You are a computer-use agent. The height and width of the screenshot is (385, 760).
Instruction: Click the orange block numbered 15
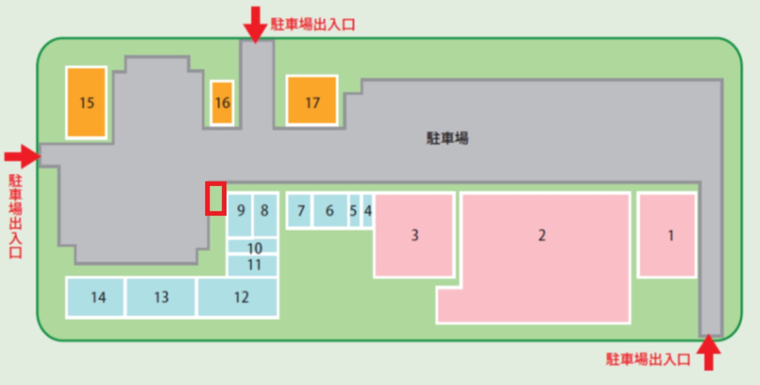tap(87, 102)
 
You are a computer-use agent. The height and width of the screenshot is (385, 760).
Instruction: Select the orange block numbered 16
tap(222, 102)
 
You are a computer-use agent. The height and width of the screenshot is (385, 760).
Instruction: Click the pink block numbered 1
tap(667, 236)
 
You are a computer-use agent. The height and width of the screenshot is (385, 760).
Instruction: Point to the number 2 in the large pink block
tap(542, 235)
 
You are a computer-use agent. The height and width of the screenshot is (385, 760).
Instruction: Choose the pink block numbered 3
tap(414, 236)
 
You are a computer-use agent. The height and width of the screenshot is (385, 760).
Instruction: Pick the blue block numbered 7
tap(300, 210)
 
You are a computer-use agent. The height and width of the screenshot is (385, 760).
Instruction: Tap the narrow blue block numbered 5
tap(354, 210)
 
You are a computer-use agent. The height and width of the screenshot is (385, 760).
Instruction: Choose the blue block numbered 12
tap(238, 297)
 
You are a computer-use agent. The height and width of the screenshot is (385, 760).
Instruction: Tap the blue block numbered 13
tap(161, 297)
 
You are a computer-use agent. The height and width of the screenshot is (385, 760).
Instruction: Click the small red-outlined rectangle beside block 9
tap(216, 199)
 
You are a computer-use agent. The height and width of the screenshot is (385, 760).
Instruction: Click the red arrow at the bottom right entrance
tap(708, 352)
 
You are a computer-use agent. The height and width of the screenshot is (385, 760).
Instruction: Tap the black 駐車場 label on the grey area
tap(447, 138)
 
